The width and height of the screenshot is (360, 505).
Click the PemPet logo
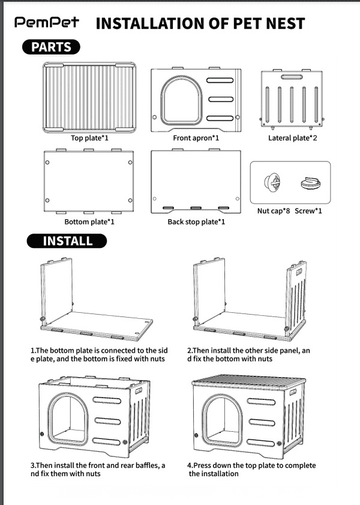[47, 23]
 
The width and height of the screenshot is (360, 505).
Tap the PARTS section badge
[51, 47]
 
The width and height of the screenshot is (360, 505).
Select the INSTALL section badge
[67, 241]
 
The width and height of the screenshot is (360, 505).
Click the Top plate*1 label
[89, 138]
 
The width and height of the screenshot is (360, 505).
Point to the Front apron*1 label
[196, 138]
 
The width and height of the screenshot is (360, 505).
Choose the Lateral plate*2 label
[292, 138]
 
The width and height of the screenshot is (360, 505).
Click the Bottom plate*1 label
[89, 222]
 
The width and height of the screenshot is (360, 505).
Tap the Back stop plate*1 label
[196, 222]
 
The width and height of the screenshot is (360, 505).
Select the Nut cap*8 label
[274, 211]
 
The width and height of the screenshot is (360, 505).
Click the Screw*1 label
[308, 211]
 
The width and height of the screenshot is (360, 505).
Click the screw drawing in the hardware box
[311, 184]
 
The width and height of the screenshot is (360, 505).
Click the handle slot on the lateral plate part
[292, 77]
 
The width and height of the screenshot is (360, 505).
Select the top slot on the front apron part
[220, 80]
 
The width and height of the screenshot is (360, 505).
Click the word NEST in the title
[286, 23]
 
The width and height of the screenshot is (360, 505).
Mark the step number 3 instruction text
[98, 469]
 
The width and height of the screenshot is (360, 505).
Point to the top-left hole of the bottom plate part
[47, 162]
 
